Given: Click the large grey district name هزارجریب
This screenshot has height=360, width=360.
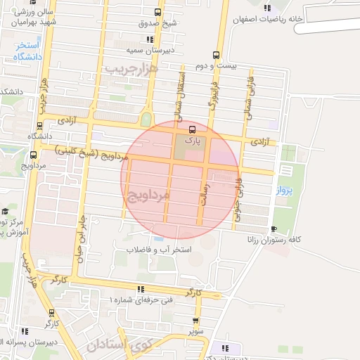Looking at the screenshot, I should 131,68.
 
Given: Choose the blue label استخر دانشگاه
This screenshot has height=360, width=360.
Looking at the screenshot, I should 28,51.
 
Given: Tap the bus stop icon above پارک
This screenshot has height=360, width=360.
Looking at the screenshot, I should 191,129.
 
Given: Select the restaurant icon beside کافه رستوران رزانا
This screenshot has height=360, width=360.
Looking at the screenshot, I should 274,229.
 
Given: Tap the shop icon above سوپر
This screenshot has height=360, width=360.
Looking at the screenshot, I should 195,320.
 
